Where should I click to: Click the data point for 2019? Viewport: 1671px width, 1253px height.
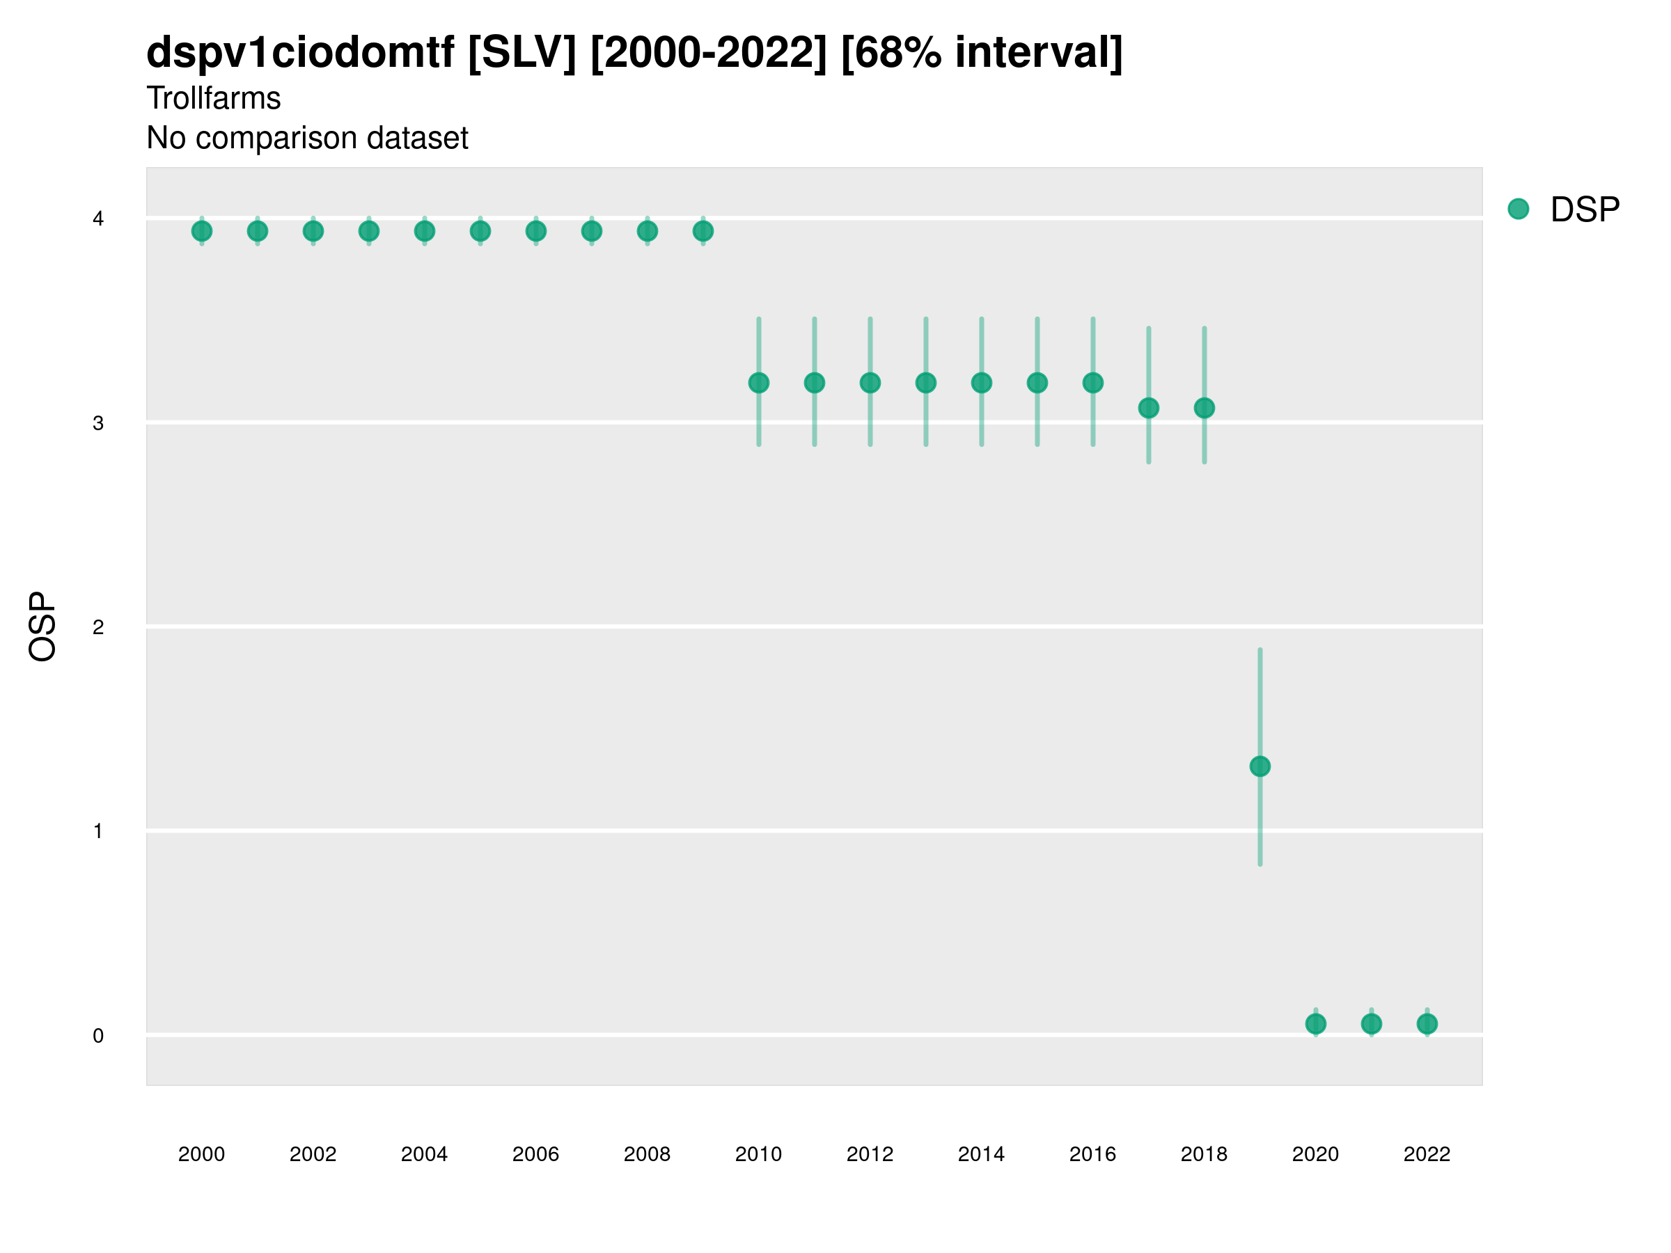click(x=1260, y=766)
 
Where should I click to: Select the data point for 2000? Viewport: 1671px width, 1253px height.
click(x=202, y=231)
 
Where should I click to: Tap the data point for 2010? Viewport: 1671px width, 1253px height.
click(x=758, y=383)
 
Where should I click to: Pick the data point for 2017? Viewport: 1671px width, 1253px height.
click(x=1148, y=408)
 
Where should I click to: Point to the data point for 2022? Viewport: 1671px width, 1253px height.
click(x=1427, y=1024)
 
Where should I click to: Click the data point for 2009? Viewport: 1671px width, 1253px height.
click(x=703, y=231)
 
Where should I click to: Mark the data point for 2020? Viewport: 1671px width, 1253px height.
click(x=1315, y=1024)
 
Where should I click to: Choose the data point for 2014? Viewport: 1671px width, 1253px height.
click(x=981, y=383)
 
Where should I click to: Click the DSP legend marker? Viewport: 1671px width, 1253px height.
click(x=1518, y=210)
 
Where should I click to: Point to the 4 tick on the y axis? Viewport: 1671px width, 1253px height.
click(x=98, y=219)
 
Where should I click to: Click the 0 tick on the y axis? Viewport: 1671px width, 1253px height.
click(x=98, y=1036)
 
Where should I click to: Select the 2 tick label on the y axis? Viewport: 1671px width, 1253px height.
click(x=98, y=627)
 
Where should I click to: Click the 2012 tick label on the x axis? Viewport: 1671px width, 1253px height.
click(x=870, y=1154)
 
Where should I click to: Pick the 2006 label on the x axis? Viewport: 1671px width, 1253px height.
click(x=535, y=1154)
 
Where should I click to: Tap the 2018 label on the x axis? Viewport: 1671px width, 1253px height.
click(x=1204, y=1154)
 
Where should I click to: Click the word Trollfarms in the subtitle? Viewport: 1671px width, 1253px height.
click(x=214, y=98)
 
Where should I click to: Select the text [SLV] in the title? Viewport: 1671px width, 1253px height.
click(x=522, y=53)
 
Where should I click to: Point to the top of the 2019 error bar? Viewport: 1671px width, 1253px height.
click(x=1260, y=649)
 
